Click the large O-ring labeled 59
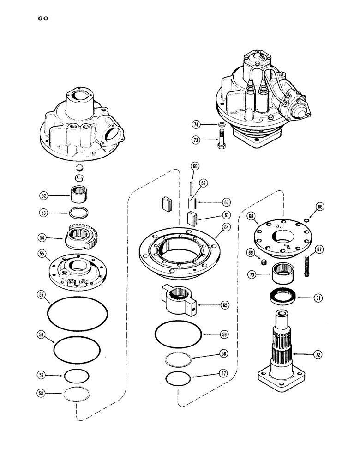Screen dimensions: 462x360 point(78,315)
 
